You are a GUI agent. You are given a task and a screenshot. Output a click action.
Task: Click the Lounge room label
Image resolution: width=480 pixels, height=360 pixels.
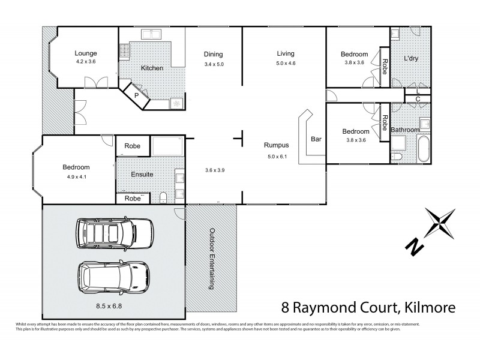[85, 52]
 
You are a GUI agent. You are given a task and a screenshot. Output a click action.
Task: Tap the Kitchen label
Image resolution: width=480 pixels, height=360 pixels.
[152, 68]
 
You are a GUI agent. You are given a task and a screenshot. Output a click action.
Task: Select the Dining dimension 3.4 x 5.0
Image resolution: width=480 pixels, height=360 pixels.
[214, 64]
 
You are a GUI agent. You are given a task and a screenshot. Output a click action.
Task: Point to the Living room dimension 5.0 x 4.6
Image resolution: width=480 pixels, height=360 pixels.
[286, 63]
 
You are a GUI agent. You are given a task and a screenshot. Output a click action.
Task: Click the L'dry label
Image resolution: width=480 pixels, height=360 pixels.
[410, 58]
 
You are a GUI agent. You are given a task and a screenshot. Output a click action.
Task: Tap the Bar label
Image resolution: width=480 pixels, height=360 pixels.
[316, 140]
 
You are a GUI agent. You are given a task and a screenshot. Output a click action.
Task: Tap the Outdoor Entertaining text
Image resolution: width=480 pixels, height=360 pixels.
[212, 259]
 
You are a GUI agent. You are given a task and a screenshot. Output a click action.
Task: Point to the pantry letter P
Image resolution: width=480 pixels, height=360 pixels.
[136, 95]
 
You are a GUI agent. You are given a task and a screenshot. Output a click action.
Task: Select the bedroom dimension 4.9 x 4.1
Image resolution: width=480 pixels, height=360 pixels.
[75, 177]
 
